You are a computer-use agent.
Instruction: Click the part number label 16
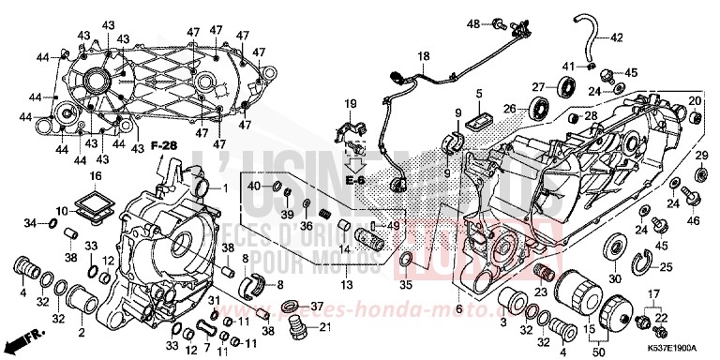coord(95,176)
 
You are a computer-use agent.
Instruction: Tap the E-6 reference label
coord(354,178)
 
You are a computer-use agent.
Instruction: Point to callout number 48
coord(472,22)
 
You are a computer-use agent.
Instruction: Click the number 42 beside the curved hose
coord(616,38)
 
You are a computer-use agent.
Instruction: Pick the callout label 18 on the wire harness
coord(423,57)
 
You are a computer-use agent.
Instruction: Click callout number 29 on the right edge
coord(699,155)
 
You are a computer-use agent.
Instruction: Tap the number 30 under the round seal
coord(615,279)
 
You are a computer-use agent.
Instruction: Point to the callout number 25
coord(667,268)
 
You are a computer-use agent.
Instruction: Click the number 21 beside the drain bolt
coord(326,327)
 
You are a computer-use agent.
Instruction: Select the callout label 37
coord(316,307)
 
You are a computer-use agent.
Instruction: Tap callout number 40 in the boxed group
coord(254,187)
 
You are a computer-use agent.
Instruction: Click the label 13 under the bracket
coord(346,284)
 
